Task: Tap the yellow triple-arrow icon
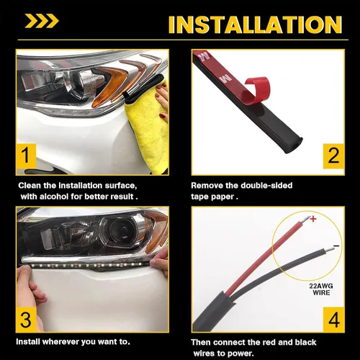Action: click(x=42, y=21)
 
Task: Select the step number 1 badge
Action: click(x=27, y=155)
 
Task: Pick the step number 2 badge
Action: click(x=332, y=155)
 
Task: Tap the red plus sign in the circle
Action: click(x=312, y=218)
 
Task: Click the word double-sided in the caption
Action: click(x=265, y=185)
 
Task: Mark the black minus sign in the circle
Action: click(x=336, y=247)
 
